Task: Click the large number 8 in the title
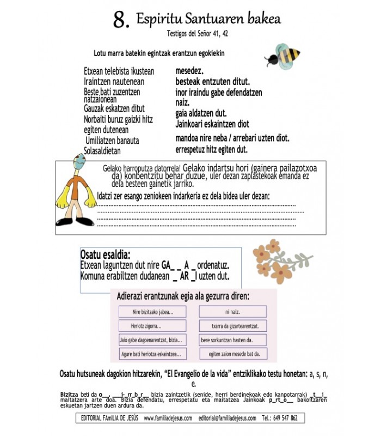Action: point(121,20)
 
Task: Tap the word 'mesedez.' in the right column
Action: point(189,70)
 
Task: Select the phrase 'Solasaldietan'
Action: point(102,151)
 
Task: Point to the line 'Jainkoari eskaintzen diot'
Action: point(212,124)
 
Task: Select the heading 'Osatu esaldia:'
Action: point(105,255)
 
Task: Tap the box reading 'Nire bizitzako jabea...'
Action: point(153,312)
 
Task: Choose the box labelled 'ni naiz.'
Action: point(232,312)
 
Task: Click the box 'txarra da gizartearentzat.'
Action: point(232,326)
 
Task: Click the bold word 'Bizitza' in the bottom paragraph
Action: point(71,393)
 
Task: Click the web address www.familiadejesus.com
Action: point(168,419)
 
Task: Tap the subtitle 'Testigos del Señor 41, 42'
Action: point(198,33)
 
